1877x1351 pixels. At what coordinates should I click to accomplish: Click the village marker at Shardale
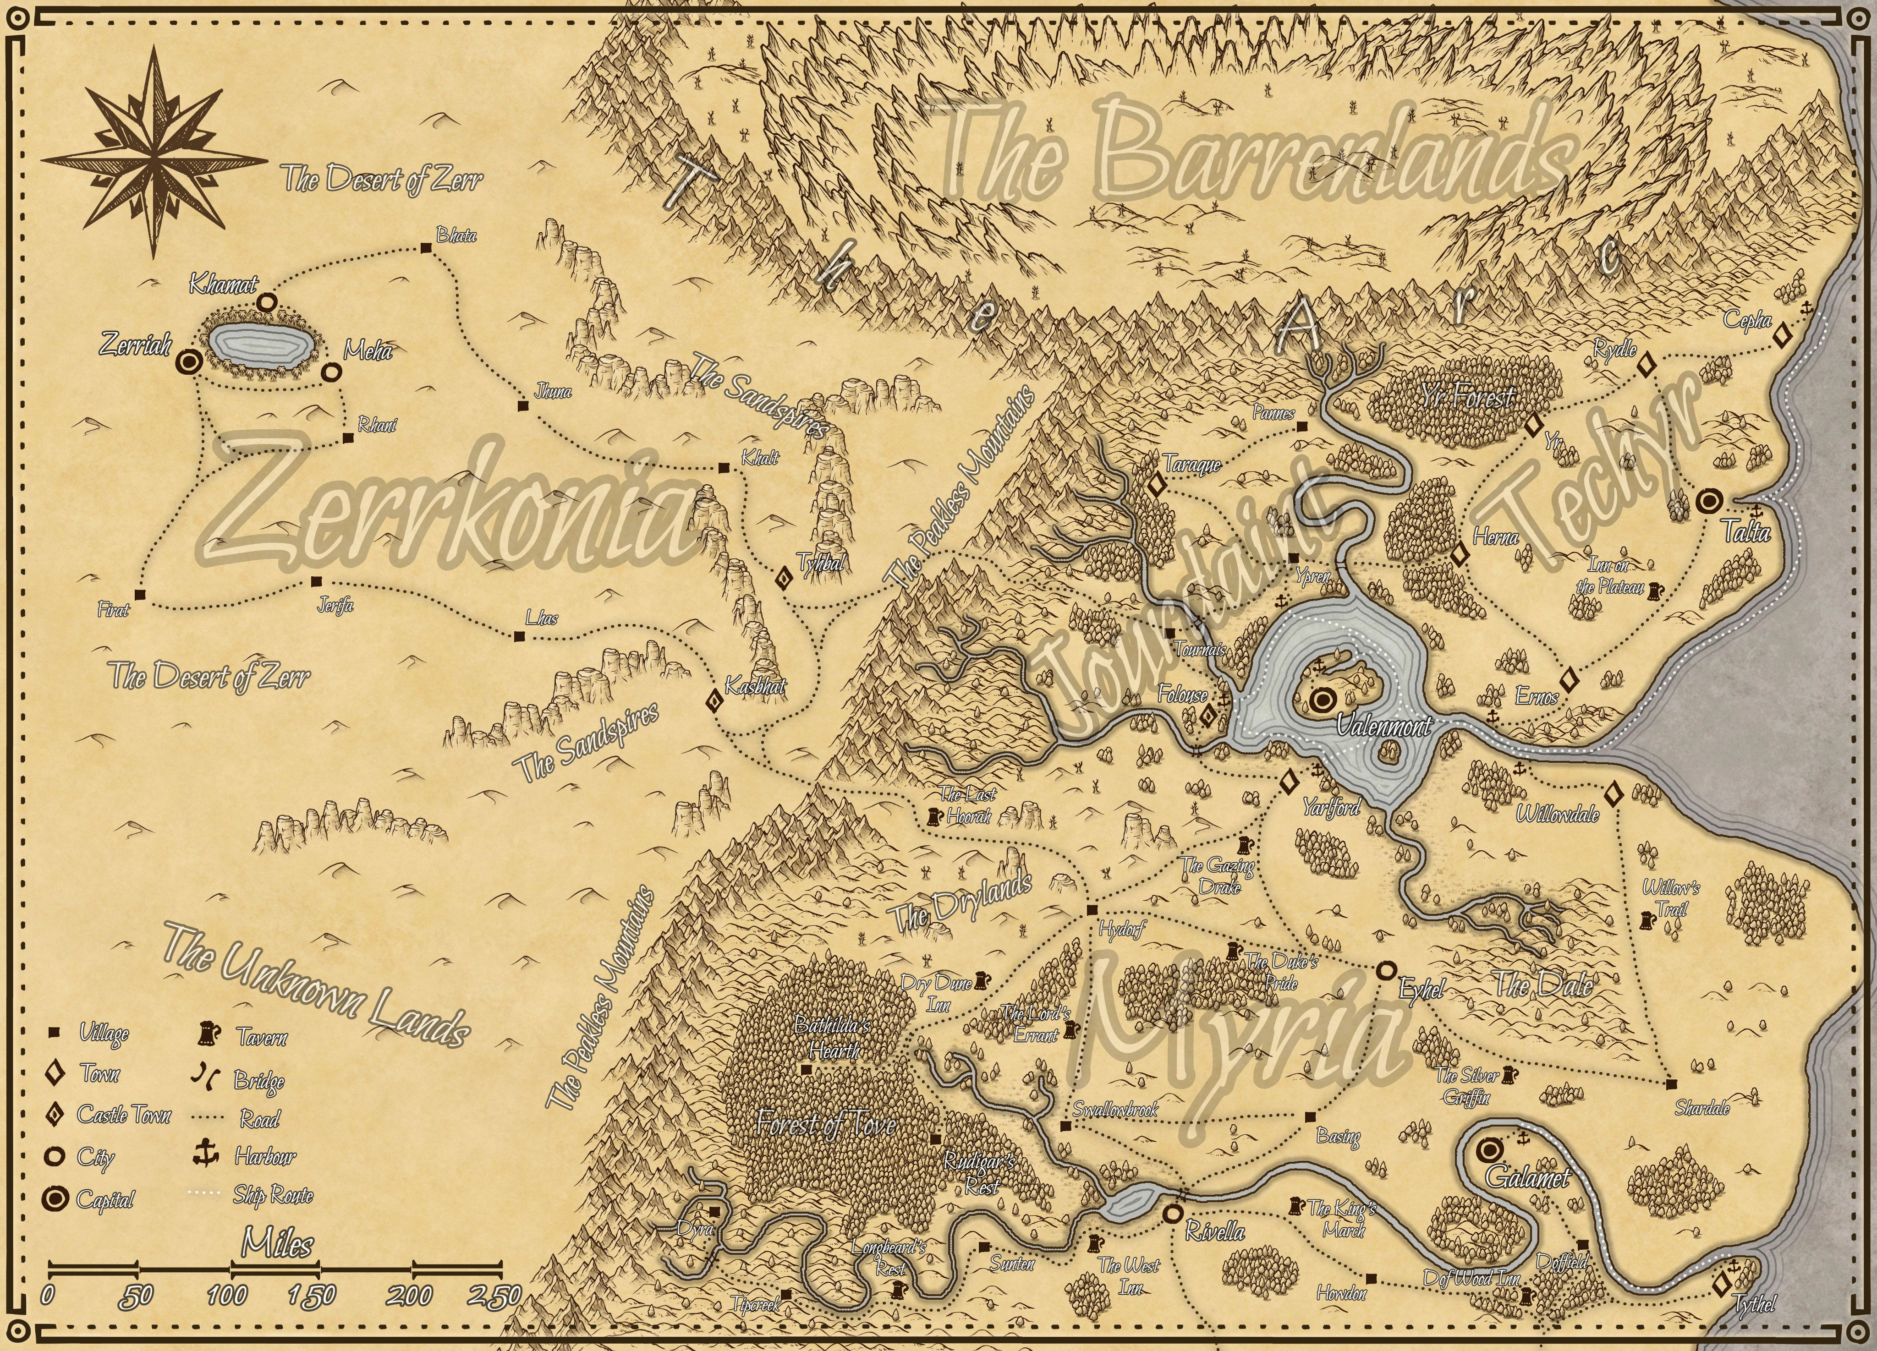[x=1671, y=1084]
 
